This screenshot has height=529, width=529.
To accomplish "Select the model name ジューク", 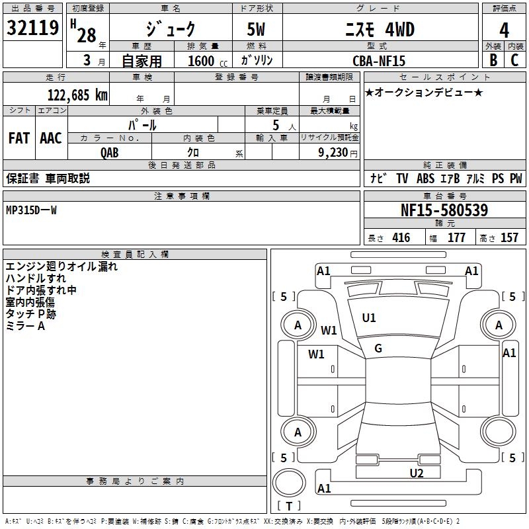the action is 171,29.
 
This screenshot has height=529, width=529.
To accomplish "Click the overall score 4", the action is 505,30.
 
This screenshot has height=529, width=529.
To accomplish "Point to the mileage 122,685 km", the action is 77,95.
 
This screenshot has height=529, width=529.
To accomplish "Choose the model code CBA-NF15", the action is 379,61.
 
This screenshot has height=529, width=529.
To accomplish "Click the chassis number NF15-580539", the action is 444,210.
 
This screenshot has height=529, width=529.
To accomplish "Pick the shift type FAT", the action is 19,138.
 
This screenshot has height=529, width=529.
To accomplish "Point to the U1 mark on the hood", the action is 369,318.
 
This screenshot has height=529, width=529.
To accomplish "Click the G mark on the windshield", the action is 378,348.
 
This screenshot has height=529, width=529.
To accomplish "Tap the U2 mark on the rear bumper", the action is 416,473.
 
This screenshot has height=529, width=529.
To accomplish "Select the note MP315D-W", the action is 31,210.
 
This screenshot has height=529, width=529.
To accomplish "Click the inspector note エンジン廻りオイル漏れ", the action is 61,267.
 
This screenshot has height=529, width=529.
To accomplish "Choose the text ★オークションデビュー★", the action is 424,92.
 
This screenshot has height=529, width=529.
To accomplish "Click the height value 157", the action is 509,238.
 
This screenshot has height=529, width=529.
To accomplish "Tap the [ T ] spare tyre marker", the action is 289,507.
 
